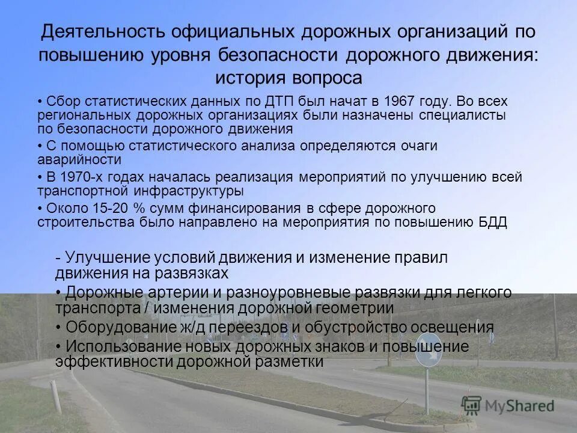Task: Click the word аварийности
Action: coord(79,160)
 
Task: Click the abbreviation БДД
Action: coord(494,223)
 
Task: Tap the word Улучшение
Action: coord(110,258)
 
